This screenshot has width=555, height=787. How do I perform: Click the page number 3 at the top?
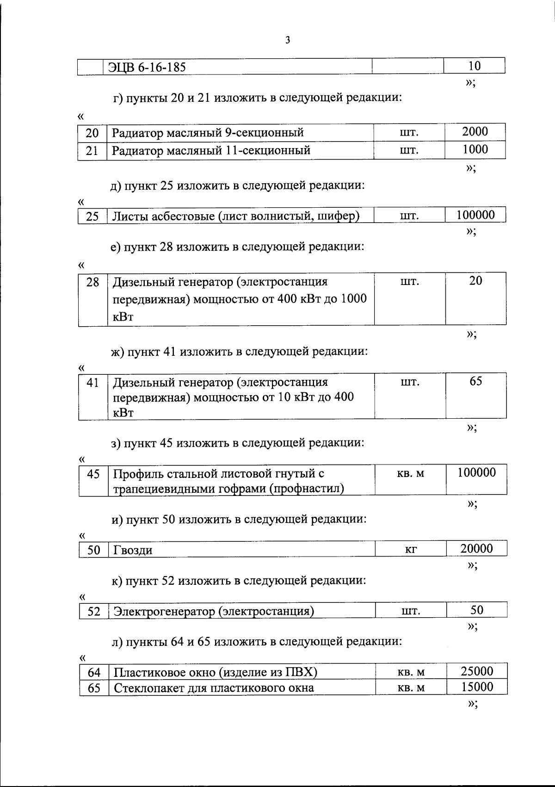[287, 40]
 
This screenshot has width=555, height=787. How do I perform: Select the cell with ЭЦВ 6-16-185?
[148, 67]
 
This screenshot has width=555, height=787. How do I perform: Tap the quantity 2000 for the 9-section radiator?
[475, 132]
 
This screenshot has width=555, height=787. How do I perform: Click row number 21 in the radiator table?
[92, 151]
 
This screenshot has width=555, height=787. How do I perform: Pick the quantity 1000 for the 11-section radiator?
[475, 149]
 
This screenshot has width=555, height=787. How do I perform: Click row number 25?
[92, 216]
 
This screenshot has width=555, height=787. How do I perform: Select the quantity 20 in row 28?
[475, 281]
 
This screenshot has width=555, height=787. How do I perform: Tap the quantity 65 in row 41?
[476, 381]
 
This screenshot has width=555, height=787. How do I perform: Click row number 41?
[93, 383]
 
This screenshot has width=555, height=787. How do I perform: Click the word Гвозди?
[133, 550]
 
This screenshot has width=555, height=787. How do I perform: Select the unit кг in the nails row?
[411, 549]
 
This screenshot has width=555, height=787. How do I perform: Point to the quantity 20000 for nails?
[476, 549]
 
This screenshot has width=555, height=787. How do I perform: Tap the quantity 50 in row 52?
[477, 610]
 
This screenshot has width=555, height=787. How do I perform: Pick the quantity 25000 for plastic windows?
[477, 671]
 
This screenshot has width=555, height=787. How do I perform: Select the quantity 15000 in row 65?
[477, 687]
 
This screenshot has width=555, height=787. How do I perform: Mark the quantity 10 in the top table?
[475, 66]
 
